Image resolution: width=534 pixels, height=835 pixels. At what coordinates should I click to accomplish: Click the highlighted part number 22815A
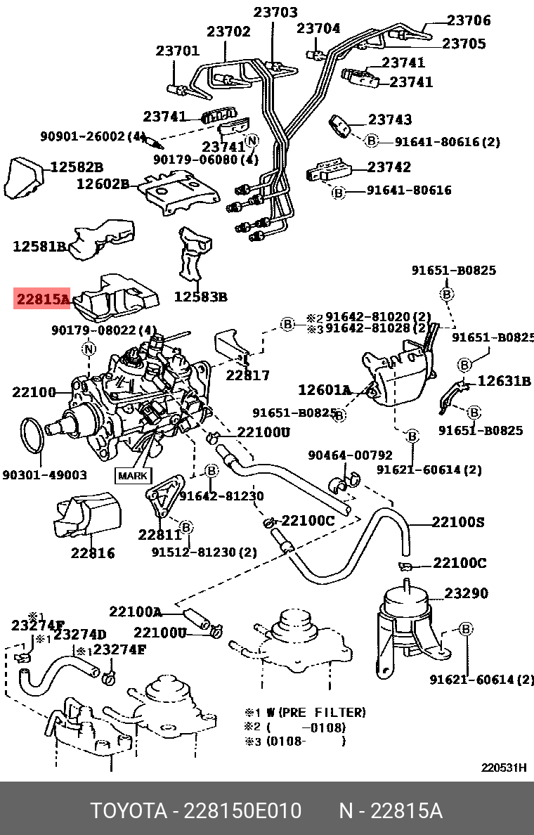coord(43,300)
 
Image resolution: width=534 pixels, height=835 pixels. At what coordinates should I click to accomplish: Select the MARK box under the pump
coord(133,476)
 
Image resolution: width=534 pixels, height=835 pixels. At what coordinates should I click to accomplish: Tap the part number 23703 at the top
coord(275,13)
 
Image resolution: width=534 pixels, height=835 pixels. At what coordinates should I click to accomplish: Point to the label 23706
coord(469,21)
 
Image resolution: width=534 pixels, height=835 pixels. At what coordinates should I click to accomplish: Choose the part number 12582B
coord(76,167)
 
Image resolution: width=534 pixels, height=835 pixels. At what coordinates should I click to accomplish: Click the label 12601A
coord(324,389)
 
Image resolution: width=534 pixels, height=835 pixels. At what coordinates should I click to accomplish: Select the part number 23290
coord(466,594)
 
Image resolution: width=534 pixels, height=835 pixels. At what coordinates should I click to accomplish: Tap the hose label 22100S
coord(458,522)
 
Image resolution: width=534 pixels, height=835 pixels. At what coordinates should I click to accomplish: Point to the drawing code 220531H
coord(503,768)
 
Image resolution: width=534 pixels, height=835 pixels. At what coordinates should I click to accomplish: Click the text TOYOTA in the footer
coord(127,811)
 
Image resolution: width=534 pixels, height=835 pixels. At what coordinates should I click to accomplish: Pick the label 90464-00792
coord(351,456)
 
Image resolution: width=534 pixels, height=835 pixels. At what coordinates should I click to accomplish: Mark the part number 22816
coord(93,553)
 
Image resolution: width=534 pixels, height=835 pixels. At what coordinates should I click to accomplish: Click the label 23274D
coord(80,635)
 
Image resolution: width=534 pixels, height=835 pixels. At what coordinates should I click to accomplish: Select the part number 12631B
coord(504,382)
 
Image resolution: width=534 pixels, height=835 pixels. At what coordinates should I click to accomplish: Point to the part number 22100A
coord(135,611)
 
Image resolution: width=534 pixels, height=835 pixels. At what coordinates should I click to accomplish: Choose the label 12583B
coord(201,297)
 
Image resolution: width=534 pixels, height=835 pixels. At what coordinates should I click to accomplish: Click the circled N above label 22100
coord(89,349)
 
